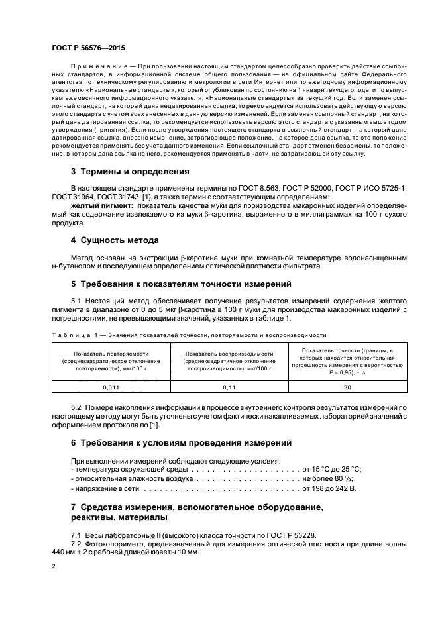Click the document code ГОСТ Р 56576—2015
87,48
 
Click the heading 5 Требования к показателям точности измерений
181,284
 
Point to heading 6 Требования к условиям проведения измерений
180,442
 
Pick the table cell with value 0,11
230,387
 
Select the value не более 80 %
327,478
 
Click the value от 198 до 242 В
329,488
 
